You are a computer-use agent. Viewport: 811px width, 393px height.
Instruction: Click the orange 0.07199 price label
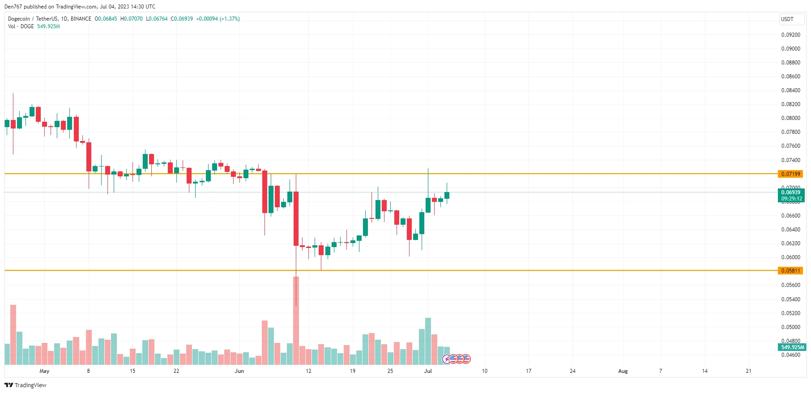[790, 174]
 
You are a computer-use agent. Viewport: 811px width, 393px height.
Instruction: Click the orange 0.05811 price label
[790, 270]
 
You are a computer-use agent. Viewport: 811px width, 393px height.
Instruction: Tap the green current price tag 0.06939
[790, 192]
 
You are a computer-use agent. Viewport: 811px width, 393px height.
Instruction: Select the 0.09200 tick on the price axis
[790, 35]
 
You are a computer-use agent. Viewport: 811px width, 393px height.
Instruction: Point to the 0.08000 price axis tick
[790, 118]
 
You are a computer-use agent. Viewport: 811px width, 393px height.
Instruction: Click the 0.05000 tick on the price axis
[790, 327]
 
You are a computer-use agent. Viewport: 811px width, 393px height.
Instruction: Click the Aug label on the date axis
[623, 371]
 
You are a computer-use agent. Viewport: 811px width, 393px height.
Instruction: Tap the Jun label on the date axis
[239, 371]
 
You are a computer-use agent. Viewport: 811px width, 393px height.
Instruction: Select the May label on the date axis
[44, 371]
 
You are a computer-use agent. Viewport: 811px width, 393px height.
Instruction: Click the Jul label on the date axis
[428, 371]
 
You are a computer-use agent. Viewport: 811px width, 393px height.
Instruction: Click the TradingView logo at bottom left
[26, 385]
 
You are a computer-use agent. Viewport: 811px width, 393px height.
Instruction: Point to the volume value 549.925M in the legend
[48, 26]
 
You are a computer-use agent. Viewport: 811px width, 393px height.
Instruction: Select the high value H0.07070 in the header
[132, 19]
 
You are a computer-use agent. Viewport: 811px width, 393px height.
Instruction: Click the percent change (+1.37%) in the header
[230, 19]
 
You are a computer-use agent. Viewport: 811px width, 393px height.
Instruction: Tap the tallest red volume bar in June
[296, 320]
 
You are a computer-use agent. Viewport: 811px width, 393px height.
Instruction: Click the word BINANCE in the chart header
[81, 19]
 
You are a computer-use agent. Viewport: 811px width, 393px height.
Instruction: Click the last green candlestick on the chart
[447, 195]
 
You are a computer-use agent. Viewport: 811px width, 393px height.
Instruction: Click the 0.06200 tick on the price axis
[790, 243]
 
